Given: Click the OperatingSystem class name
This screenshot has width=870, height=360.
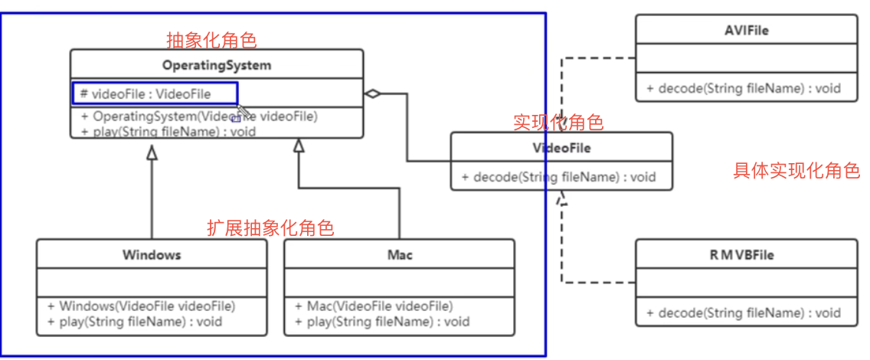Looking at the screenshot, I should [x=217, y=66].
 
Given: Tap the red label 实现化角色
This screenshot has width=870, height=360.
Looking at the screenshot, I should [x=558, y=122].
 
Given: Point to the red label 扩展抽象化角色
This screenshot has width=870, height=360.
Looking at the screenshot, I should [x=270, y=227].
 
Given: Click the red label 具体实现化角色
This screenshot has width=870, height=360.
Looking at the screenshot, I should [x=796, y=171].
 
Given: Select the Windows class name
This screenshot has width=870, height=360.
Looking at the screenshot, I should [x=152, y=254].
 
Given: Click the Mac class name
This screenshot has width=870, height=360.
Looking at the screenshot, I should [x=399, y=254].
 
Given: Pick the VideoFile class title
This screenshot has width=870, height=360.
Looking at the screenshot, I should [x=561, y=147].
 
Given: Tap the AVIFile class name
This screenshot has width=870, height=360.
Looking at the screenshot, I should [x=746, y=31].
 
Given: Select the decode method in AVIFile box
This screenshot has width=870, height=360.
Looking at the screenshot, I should [x=743, y=88].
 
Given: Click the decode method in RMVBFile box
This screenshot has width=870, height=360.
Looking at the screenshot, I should [x=743, y=313].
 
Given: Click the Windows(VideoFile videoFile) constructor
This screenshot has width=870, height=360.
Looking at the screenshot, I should [x=142, y=306].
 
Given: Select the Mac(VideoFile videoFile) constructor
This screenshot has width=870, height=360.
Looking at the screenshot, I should [x=380, y=306].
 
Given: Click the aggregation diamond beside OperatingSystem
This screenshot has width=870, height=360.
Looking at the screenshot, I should [x=372, y=94].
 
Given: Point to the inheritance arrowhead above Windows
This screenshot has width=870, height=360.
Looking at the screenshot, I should [x=152, y=153].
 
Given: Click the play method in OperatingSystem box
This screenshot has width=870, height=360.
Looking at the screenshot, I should [x=168, y=131].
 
